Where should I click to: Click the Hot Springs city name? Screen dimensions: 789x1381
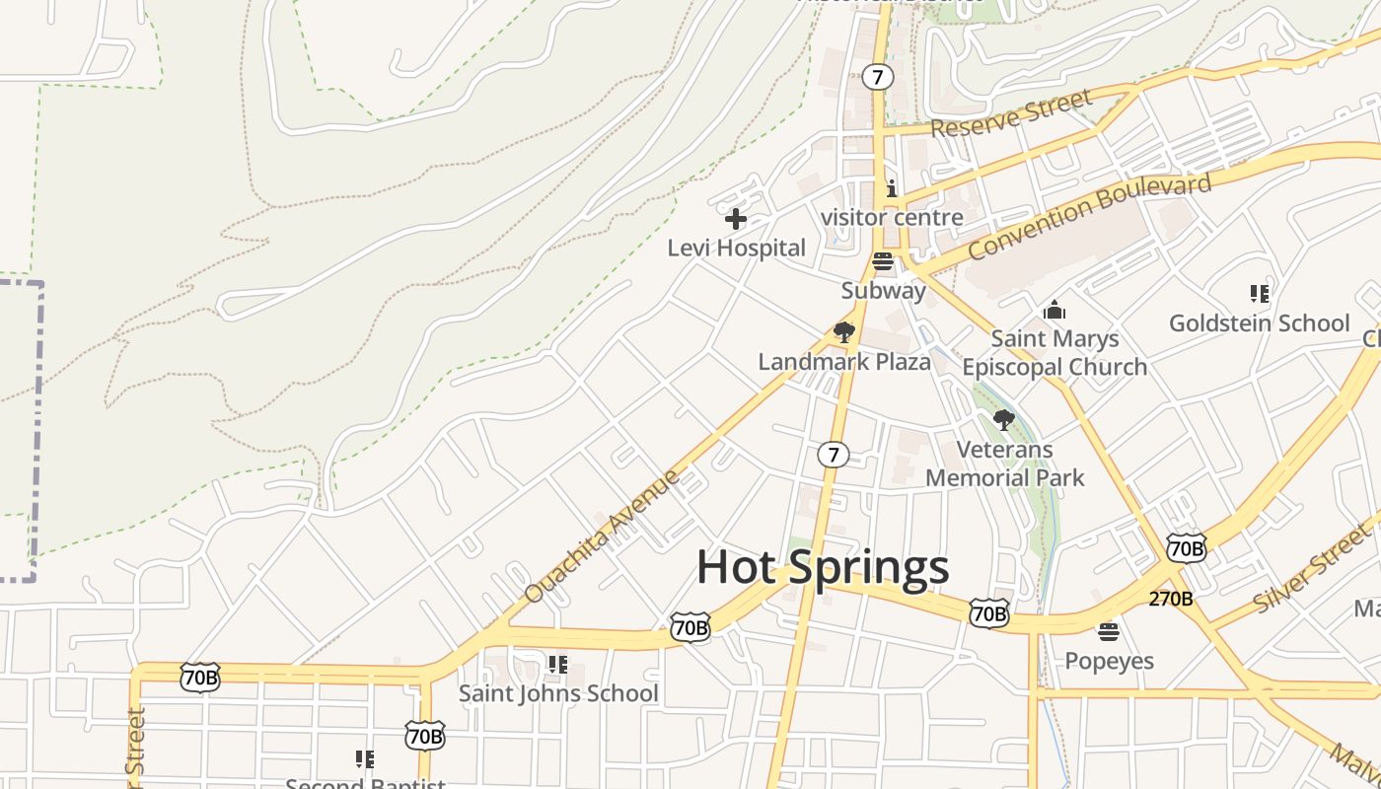pyautogui.click(x=823, y=567)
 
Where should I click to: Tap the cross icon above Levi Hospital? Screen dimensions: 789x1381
pyautogui.click(x=736, y=219)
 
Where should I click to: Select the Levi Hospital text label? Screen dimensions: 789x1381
pyautogui.click(x=736, y=249)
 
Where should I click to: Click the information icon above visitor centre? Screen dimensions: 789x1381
pyautogui.click(x=892, y=188)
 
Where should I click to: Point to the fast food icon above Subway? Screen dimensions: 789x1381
pyautogui.click(x=883, y=261)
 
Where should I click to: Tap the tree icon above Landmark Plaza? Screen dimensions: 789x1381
pyautogui.click(x=843, y=332)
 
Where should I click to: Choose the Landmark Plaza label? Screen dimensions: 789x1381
pyautogui.click(x=843, y=362)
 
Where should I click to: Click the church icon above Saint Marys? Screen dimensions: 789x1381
pyautogui.click(x=1054, y=311)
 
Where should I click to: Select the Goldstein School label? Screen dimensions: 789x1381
pyautogui.click(x=1259, y=323)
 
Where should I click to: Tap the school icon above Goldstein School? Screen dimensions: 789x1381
pyautogui.click(x=1259, y=294)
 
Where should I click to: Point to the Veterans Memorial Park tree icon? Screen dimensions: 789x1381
pyautogui.click(x=1004, y=420)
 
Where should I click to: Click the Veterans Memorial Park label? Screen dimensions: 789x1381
pyautogui.click(x=1004, y=464)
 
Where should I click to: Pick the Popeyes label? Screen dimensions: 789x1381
pyautogui.click(x=1109, y=661)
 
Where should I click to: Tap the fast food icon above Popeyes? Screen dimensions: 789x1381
pyautogui.click(x=1109, y=631)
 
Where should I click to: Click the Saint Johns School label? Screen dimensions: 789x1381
pyautogui.click(x=557, y=693)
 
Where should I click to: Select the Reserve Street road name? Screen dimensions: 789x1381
pyautogui.click(x=1011, y=113)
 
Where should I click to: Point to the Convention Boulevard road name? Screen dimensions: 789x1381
pyautogui.click(x=1089, y=217)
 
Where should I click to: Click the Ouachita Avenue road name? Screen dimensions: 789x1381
pyautogui.click(x=602, y=537)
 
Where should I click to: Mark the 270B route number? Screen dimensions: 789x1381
pyautogui.click(x=1171, y=599)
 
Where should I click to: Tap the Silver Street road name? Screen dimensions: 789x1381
pyautogui.click(x=1312, y=570)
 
